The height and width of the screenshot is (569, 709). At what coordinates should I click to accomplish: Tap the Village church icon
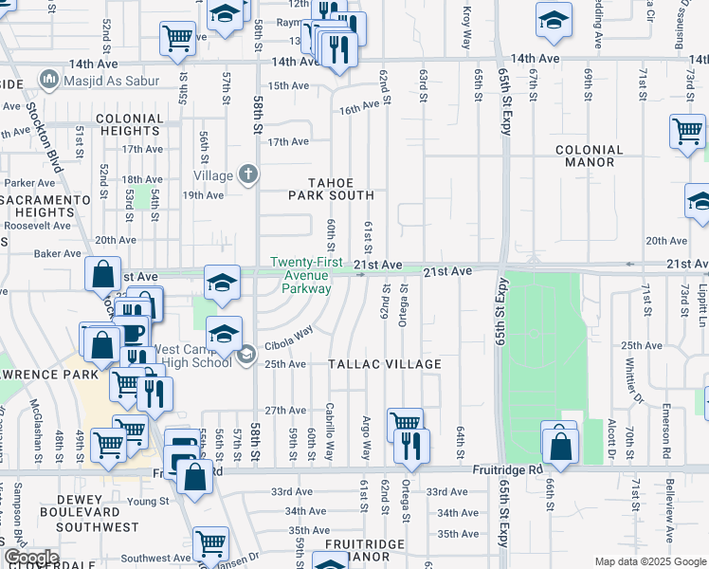pyautogui.click(x=248, y=174)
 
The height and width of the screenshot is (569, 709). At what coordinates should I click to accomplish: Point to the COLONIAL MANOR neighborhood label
pyautogui.click(x=597, y=156)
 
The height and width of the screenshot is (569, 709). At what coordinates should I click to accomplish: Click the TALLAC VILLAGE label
pyautogui.click(x=385, y=364)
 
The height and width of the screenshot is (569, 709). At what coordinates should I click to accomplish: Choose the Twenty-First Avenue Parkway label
pyautogui.click(x=300, y=275)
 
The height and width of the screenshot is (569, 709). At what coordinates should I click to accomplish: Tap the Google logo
pyautogui.click(x=30, y=558)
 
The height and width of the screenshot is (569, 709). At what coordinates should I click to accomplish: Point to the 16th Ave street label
pyautogui.click(x=359, y=109)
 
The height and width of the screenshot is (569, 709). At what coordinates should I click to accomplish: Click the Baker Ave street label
pyautogui.click(x=59, y=254)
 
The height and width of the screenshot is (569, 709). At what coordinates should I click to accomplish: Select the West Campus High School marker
pyautogui.click(x=245, y=355)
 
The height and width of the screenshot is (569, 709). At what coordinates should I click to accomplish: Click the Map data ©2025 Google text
pyautogui.click(x=650, y=561)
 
